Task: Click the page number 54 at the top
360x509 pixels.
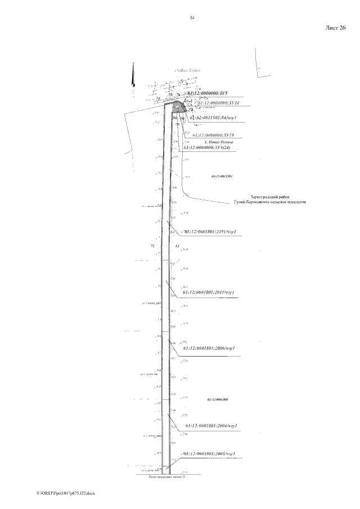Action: (192, 18)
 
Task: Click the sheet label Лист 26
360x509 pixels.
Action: (335, 28)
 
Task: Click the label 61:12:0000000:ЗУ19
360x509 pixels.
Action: (213, 135)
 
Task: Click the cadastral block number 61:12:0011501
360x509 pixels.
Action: (221, 176)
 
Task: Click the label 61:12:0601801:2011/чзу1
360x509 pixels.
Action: (208, 292)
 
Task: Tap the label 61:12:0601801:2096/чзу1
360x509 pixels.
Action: (208, 348)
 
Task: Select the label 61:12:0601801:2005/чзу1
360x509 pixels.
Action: (209, 453)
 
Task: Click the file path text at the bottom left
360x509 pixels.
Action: (66, 493)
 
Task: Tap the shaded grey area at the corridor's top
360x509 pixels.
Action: (178, 107)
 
